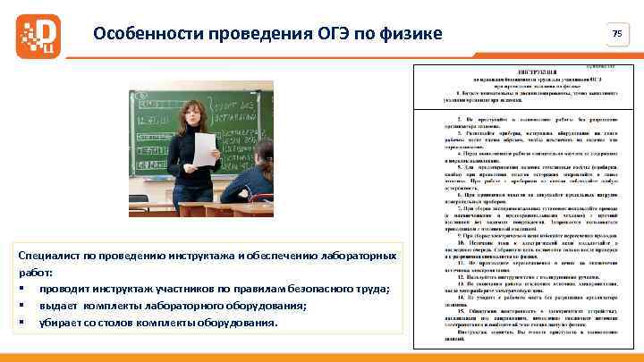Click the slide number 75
click(x=616, y=33)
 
